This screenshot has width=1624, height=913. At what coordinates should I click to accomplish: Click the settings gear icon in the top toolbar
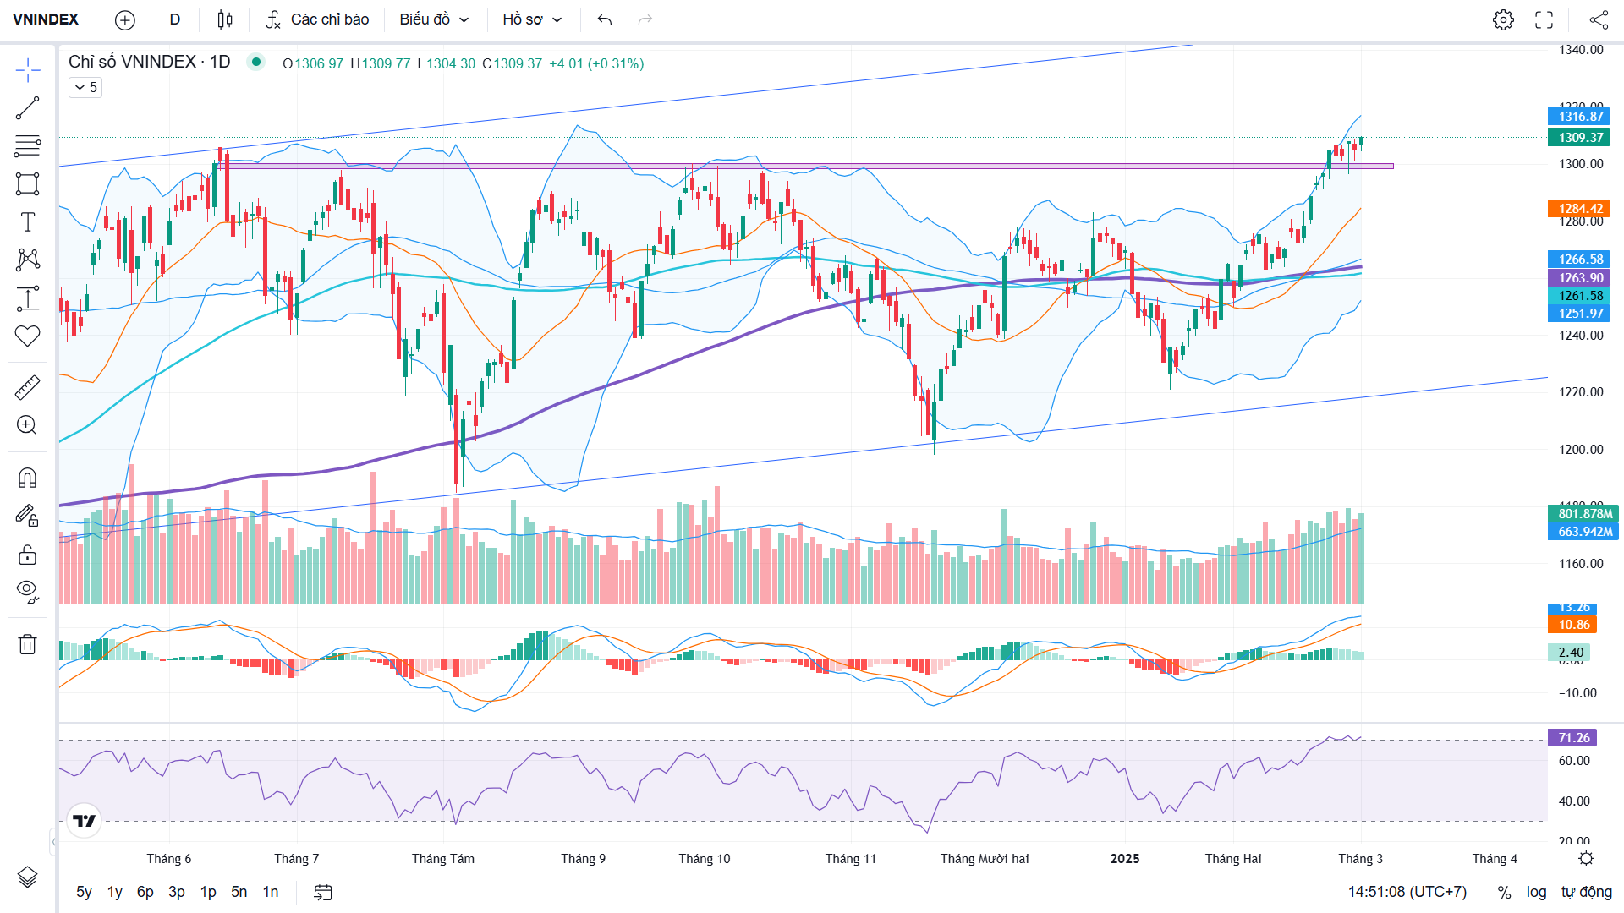pos(1503,19)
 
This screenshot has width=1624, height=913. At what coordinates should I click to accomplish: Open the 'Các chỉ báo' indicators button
pos(317,19)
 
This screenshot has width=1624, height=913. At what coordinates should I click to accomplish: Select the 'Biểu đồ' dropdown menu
pos(434,19)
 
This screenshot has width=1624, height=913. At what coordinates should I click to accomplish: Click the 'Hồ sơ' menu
pos(532,19)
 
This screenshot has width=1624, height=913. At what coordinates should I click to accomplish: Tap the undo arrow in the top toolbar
pos(604,19)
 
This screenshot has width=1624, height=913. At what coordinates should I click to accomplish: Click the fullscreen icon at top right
pos(1544,19)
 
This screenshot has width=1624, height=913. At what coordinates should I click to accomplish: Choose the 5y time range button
pos(84,892)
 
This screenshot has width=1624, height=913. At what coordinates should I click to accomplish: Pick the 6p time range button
pos(145,892)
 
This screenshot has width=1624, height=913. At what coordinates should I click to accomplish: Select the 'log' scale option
pos(1536,892)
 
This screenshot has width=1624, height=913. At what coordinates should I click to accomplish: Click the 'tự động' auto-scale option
pos(1587,892)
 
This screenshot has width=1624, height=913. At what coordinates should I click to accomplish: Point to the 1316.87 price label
pos(1580,117)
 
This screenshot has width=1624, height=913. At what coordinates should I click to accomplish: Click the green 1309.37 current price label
pos(1580,138)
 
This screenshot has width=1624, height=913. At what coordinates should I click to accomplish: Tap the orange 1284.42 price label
pos(1580,209)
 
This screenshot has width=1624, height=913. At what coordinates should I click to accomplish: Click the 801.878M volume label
pos(1584,514)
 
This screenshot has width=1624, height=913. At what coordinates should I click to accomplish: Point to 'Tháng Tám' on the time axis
pos(443,859)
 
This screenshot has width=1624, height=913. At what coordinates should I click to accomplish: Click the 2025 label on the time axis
pos(1125,859)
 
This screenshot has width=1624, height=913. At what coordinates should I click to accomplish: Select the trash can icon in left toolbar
pos(27,644)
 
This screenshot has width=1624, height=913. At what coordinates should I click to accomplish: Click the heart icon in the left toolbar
pos(27,336)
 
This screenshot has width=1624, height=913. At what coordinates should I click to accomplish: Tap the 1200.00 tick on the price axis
pos(1581,450)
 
